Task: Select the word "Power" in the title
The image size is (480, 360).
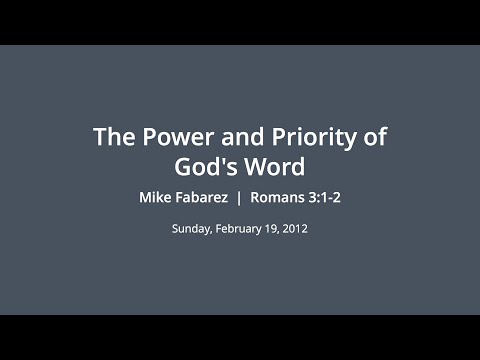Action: pos(167,137)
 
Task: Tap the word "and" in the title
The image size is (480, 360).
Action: pos(225,137)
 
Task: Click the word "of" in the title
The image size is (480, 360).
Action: pos(371,137)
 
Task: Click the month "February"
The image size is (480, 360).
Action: pos(238,229)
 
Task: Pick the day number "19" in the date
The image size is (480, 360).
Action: pos(271,229)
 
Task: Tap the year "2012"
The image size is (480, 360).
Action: pos(295,229)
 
